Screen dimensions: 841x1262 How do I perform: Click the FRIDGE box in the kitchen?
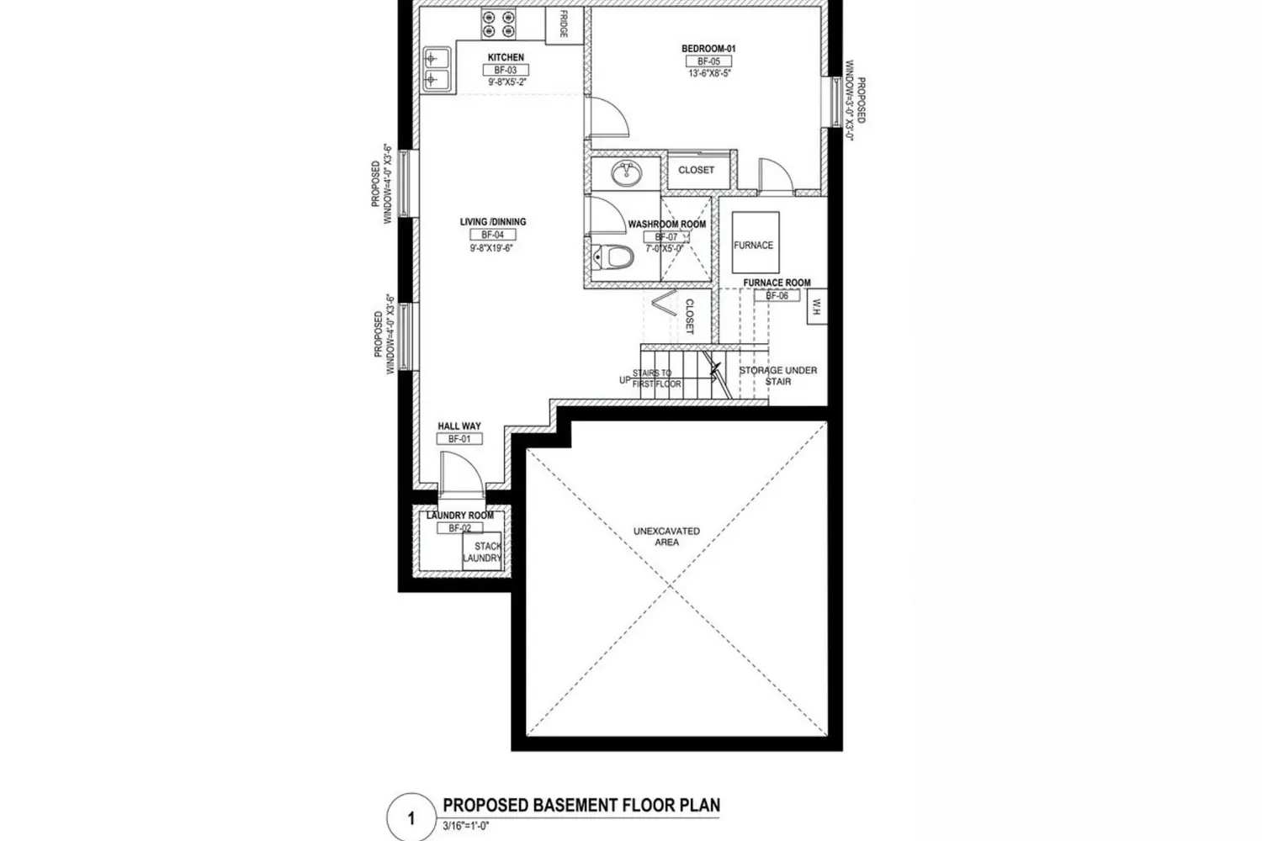pyautogui.click(x=564, y=25)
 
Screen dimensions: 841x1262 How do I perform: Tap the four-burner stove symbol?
pyautogui.click(x=498, y=24)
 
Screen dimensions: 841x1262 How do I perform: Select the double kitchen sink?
pyautogui.click(x=436, y=69)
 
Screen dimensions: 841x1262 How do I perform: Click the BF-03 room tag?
pyautogui.click(x=506, y=71)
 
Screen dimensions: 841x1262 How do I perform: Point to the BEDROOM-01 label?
pyautogui.click(x=708, y=49)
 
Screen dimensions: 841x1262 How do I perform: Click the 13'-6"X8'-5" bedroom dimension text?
pyautogui.click(x=708, y=74)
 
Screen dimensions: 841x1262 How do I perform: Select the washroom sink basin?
pyautogui.click(x=625, y=174)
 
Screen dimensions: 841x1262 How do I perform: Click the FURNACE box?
pyautogui.click(x=755, y=244)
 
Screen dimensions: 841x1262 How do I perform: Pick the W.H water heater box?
pyautogui.click(x=815, y=309)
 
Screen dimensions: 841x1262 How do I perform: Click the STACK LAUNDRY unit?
pyautogui.click(x=483, y=552)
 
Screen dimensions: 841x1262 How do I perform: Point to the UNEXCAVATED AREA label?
pyautogui.click(x=666, y=537)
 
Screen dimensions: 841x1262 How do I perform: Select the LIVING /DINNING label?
pyautogui.click(x=493, y=222)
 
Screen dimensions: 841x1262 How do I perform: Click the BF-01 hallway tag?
pyautogui.click(x=459, y=439)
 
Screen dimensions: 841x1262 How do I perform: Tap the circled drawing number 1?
pyautogui.click(x=411, y=817)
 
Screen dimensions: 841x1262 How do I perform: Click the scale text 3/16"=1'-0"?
pyautogui.click(x=466, y=827)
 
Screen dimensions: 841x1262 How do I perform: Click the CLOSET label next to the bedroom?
pyautogui.click(x=697, y=170)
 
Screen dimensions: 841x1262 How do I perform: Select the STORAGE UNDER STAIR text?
pyautogui.click(x=777, y=375)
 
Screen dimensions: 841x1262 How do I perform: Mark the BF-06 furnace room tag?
pyautogui.click(x=777, y=296)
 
